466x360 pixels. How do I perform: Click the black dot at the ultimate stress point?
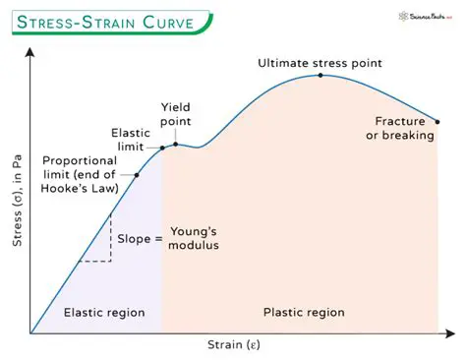[320, 76]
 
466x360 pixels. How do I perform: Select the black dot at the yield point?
[176, 145]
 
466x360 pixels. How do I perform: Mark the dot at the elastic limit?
[163, 149]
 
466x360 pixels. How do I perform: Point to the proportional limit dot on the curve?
[136, 175]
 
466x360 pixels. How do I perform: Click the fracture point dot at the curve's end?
[437, 117]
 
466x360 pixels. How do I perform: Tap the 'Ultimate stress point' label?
[320, 63]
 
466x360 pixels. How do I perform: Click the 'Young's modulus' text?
[194, 237]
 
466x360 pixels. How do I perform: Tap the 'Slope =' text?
[140, 238]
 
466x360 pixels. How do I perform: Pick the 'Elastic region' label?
[103, 312]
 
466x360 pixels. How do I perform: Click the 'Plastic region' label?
[304, 312]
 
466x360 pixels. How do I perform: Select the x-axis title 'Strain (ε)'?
[233, 345]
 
